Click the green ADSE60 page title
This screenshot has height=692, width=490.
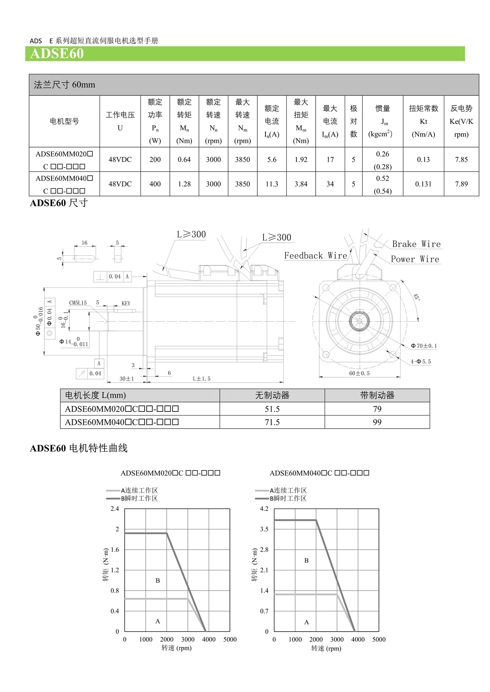57,54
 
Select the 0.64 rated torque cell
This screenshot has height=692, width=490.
184,160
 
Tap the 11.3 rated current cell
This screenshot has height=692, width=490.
272,184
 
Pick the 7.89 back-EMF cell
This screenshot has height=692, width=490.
461,184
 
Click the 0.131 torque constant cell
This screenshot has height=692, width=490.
423,184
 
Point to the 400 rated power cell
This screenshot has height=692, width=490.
155,184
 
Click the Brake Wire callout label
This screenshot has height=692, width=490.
416,244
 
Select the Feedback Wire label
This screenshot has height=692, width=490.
315,256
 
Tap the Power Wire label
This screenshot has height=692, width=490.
415,259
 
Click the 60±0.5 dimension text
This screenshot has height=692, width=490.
359,374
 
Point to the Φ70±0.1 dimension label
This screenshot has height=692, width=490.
423,346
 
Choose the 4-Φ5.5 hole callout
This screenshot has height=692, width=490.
421,362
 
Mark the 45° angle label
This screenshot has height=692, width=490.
416,297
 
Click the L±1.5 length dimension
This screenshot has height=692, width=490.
202,379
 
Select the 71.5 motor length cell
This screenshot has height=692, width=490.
272,422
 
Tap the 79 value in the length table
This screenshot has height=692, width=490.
377,409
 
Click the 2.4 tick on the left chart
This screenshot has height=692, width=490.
115,509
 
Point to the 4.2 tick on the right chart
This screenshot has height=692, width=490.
264,509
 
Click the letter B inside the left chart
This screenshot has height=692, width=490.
158,581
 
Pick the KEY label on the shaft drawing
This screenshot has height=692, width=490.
126,304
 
